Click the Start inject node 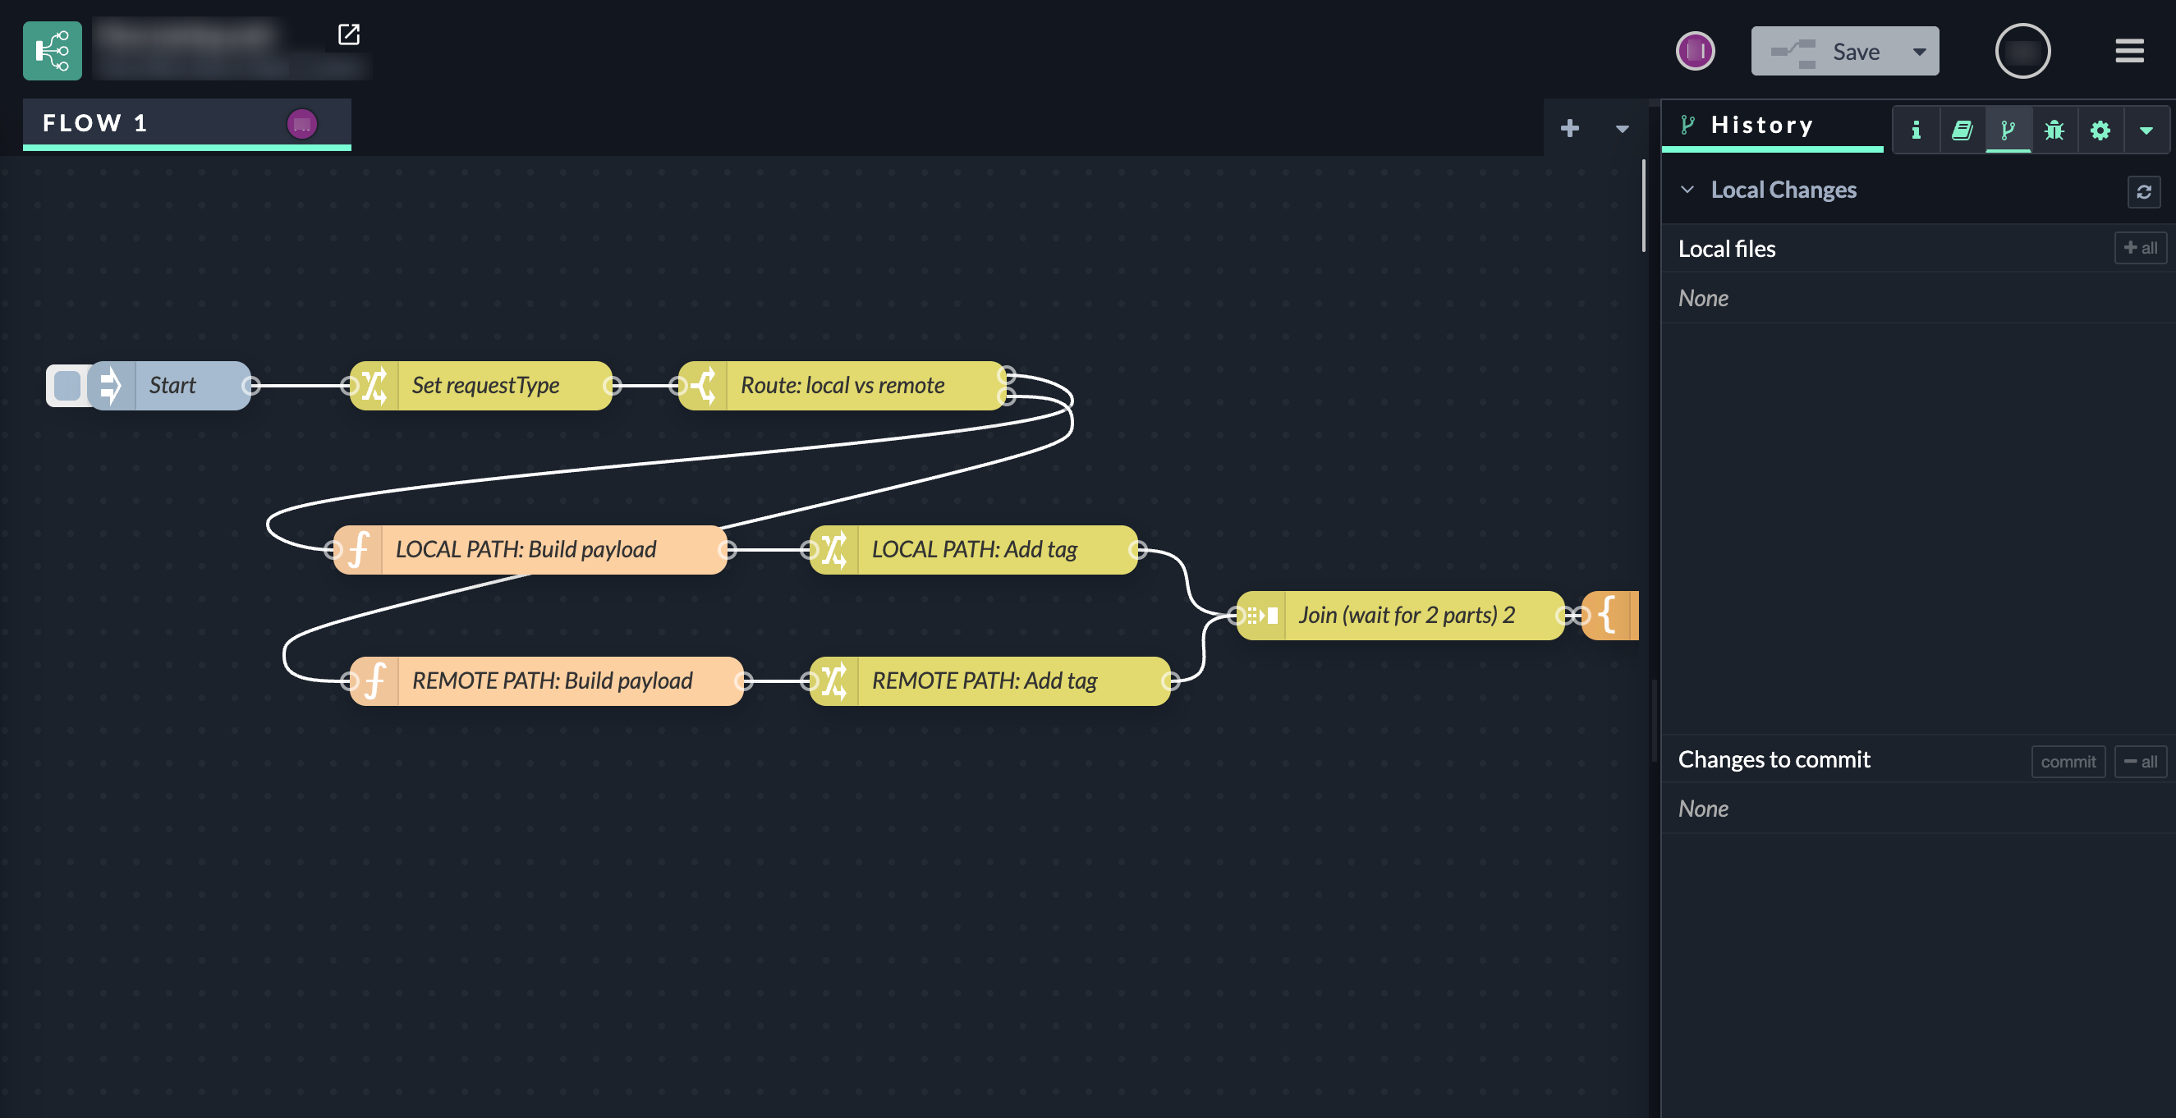173,386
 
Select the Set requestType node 484,386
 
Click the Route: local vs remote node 842,386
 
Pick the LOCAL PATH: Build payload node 526,550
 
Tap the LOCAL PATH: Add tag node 974,550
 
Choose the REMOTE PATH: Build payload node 552,681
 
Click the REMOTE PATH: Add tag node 984,681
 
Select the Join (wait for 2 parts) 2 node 1406,616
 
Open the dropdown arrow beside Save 1919,52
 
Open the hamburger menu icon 2128,52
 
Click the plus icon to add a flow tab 1569,128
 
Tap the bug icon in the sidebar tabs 2054,130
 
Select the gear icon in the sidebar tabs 2100,130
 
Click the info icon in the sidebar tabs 1916,130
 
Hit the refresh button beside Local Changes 2143,192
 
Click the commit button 2067,762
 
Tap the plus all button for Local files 2140,248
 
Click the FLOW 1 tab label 94,123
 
